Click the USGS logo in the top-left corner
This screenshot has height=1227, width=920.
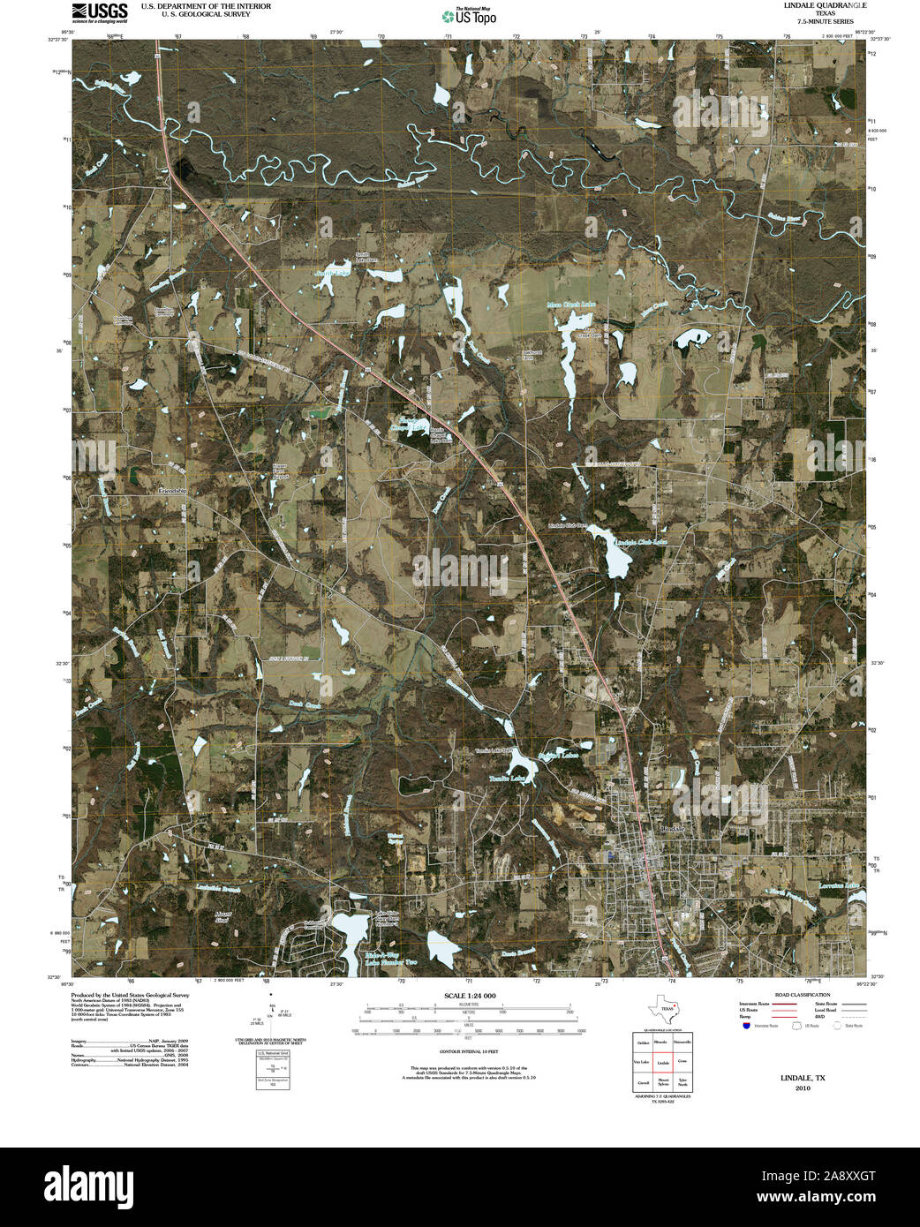click(100, 11)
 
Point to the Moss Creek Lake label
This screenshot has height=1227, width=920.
click(571, 305)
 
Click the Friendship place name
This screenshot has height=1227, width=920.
click(173, 490)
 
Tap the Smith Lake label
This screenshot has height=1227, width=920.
click(333, 274)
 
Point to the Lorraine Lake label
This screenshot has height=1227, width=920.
click(838, 884)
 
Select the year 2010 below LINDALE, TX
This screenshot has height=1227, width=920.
click(802, 1088)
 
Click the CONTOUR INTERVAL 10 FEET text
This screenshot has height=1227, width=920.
click(469, 1052)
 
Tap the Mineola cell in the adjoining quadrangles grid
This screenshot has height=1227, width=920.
click(660, 1043)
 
